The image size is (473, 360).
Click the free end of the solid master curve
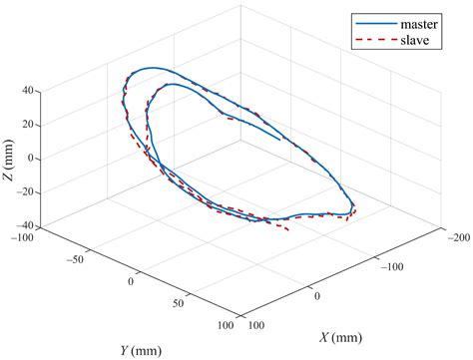(280, 141)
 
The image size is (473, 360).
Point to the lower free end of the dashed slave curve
(289, 231)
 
